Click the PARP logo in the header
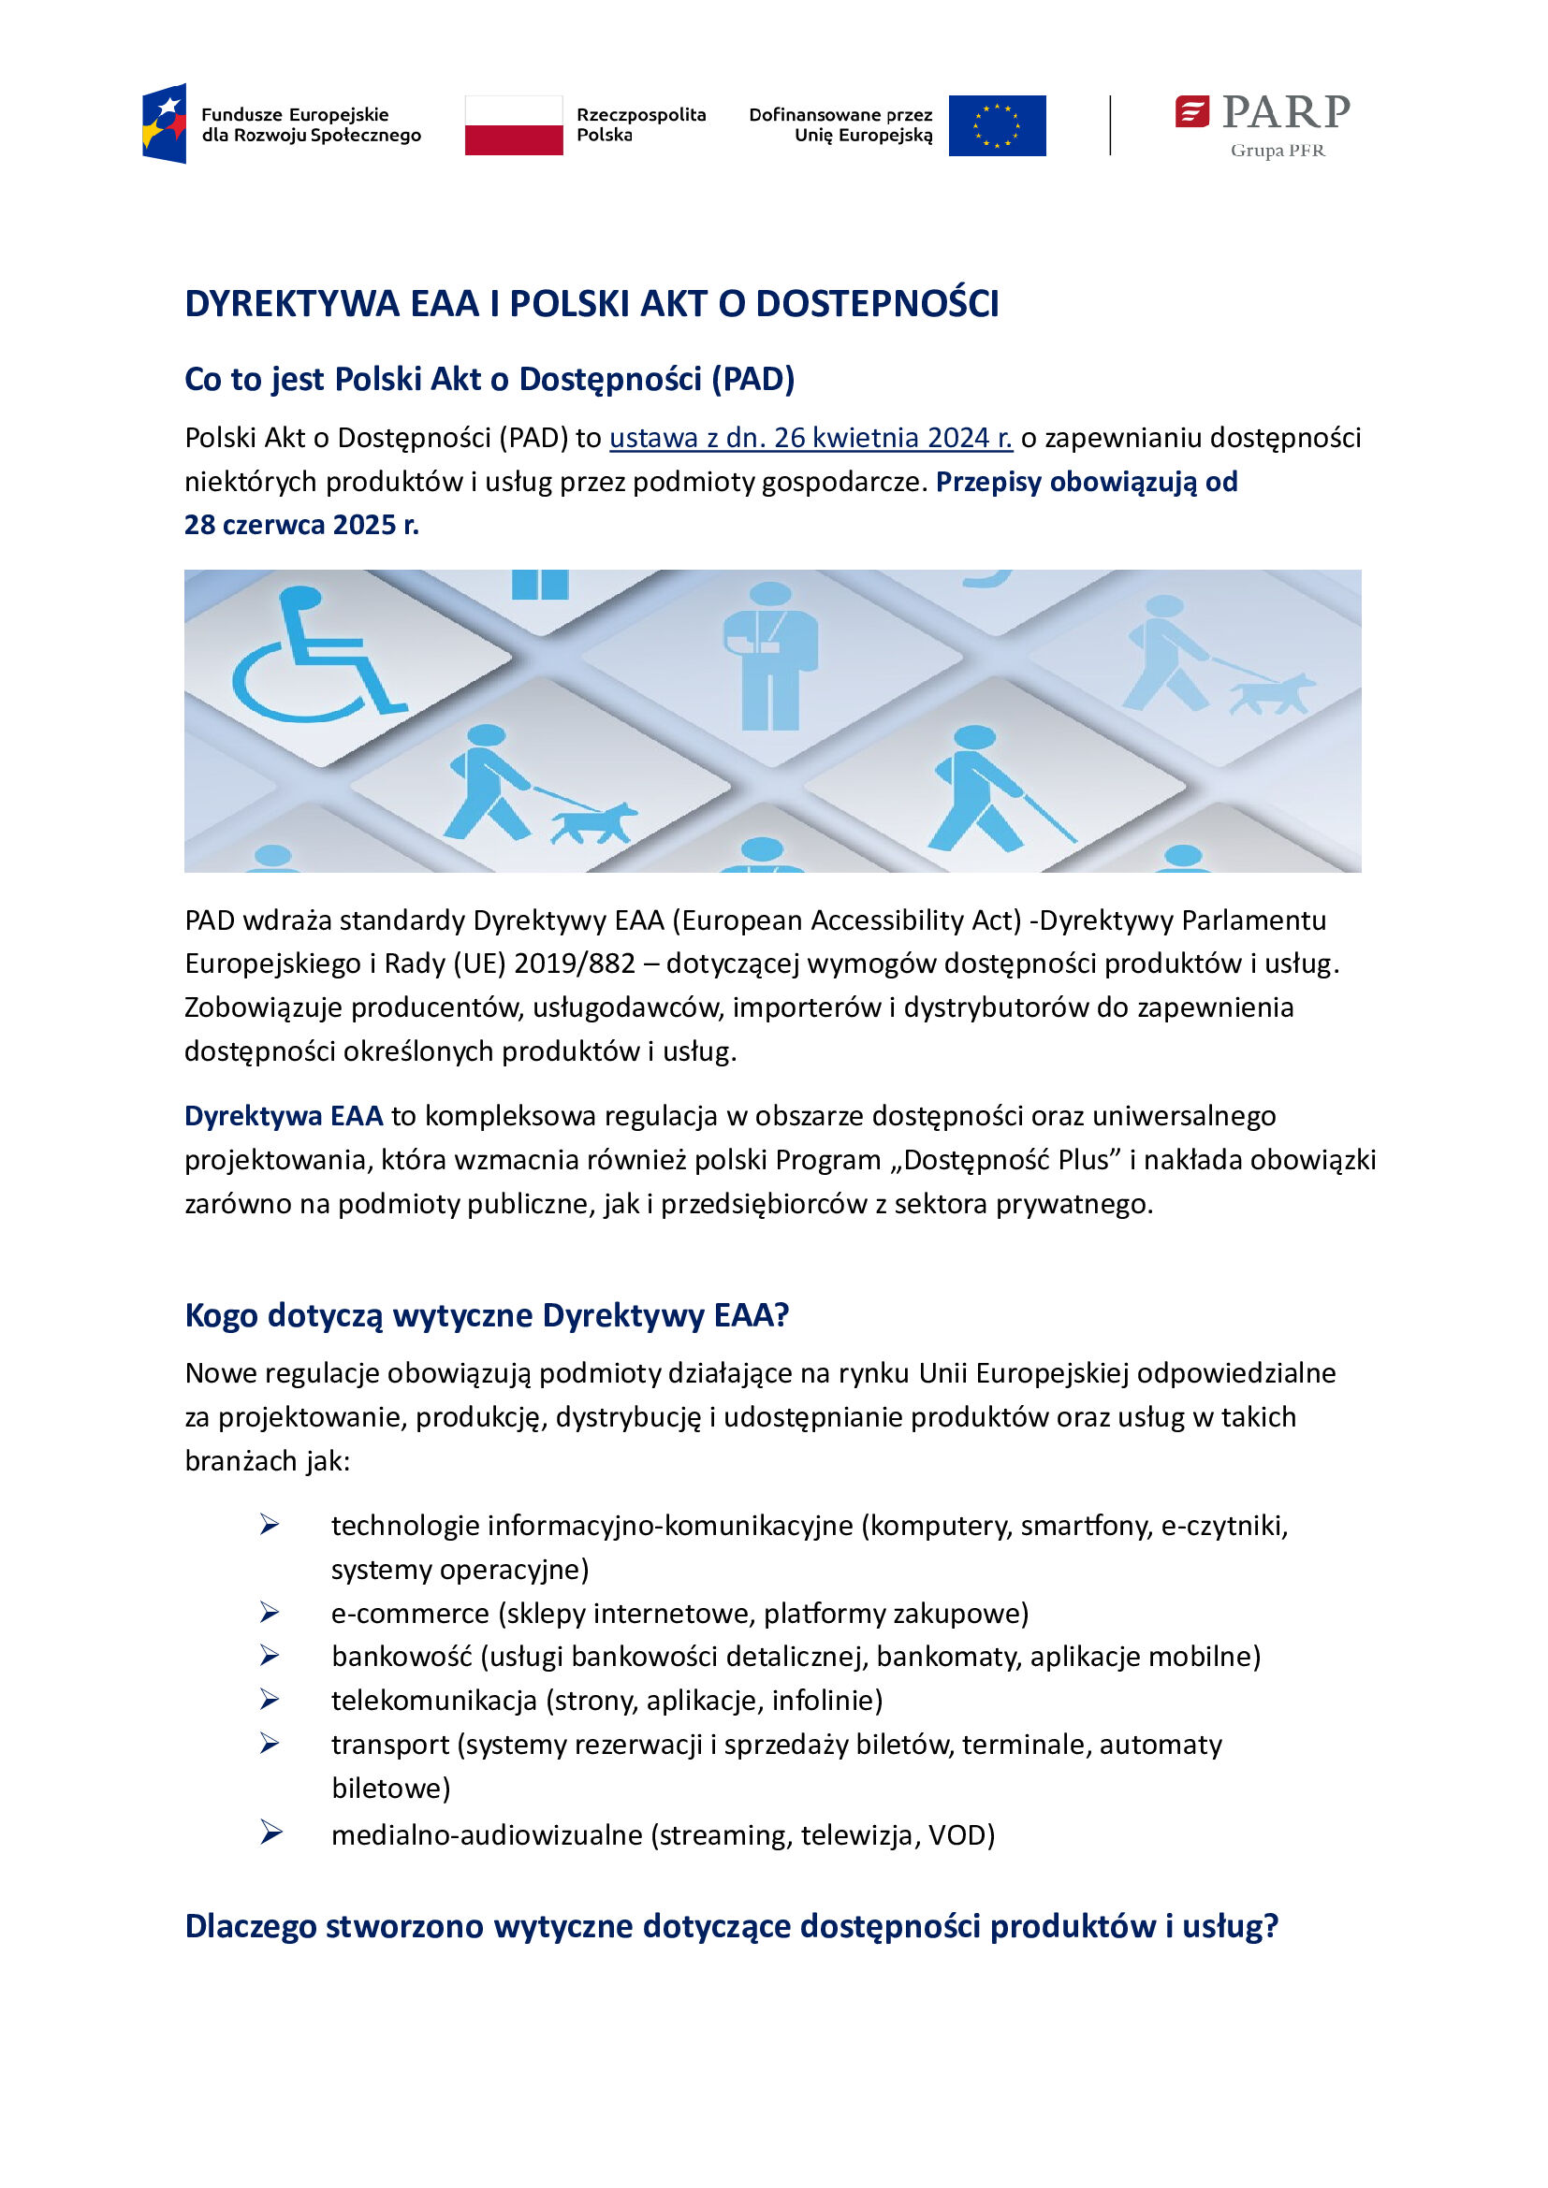(1262, 112)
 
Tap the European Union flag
(997, 125)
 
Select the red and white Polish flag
(514, 124)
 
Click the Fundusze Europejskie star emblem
(165, 123)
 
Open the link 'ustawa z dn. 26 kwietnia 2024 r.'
(811, 439)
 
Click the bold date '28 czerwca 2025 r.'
(301, 525)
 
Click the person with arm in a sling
(770, 658)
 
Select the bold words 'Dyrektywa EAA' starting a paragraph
(283, 1116)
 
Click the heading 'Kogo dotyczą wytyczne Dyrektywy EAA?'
(486, 1315)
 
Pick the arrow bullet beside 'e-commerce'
(270, 1613)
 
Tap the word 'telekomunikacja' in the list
(433, 1700)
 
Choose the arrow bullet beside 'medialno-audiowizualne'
(270, 1832)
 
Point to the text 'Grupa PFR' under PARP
(1278, 151)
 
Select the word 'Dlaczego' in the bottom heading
(251, 1926)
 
